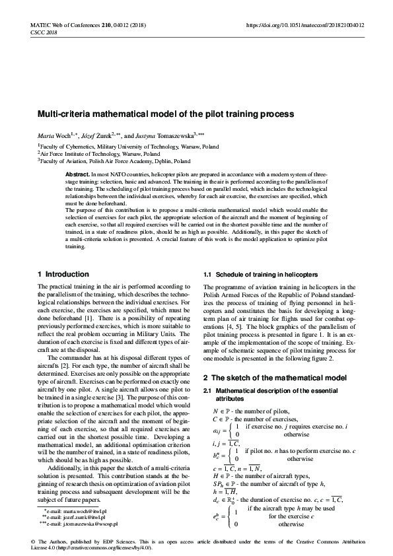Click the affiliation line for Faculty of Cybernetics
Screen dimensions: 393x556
click(x=129, y=146)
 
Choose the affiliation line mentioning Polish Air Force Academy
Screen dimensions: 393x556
click(x=116, y=160)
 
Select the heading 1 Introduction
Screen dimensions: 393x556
click(x=63, y=274)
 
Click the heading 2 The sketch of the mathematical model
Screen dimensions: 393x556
click(x=275, y=378)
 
